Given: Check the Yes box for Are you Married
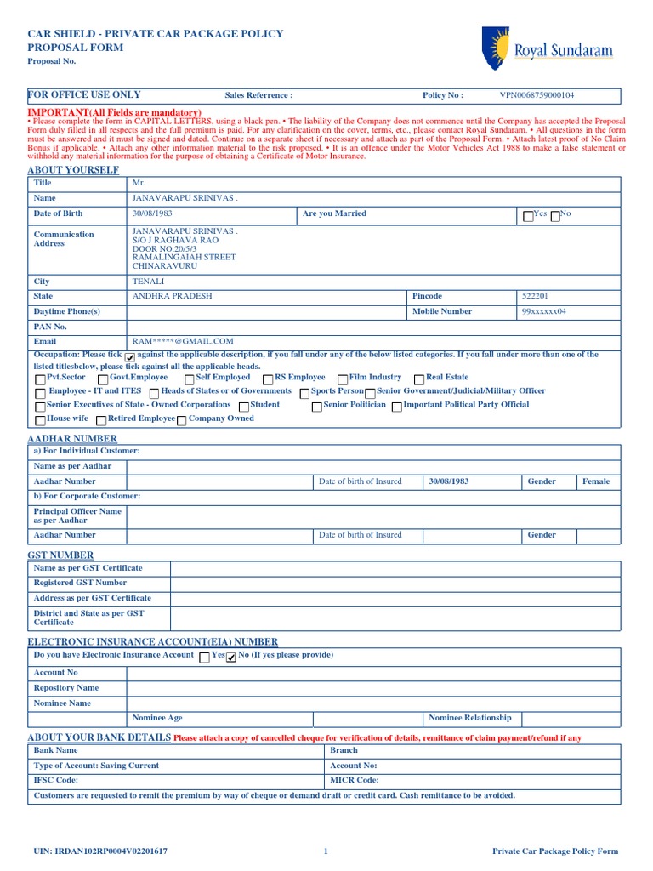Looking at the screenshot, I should [529, 216].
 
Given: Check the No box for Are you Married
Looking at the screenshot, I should [555, 216].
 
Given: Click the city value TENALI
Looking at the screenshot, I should [148, 282].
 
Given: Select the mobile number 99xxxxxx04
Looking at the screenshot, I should [544, 311].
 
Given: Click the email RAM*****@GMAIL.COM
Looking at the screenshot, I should [183, 341].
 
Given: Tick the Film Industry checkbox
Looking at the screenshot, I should [342, 379].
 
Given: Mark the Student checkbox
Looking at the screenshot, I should [244, 407].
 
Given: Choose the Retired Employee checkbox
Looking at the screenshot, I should [101, 420].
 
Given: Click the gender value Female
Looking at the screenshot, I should [595, 481].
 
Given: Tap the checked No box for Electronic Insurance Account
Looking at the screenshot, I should [230, 658].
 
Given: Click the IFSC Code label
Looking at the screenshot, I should [55, 780].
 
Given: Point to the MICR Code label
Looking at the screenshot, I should [354, 780].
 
